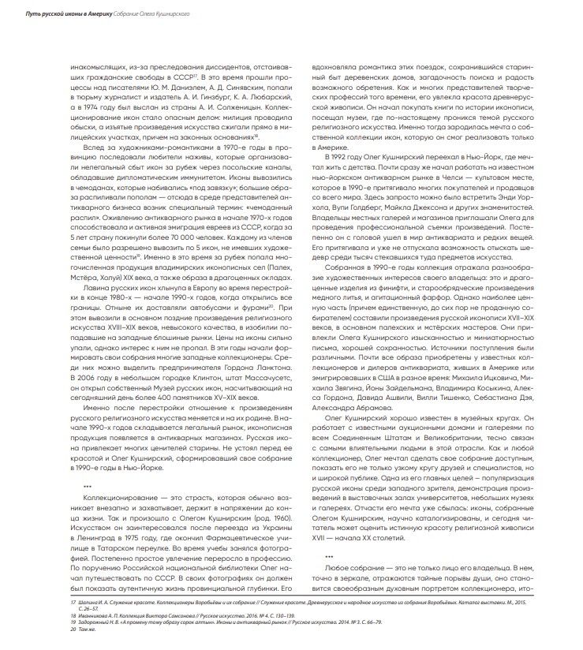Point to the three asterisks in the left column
pyautogui.click(x=88, y=487)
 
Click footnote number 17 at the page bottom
pyautogui.click(x=73, y=603)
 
